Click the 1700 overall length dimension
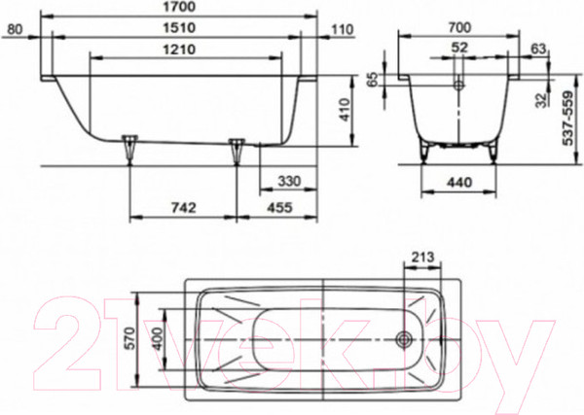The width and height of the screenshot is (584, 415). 179,7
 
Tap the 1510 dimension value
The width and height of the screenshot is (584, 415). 179,28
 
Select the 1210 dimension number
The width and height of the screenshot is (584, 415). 179,50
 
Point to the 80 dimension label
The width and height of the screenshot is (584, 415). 15,29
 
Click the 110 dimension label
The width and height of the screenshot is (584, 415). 342,30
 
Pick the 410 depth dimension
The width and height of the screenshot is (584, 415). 345,110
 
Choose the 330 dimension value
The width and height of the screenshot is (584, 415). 289,181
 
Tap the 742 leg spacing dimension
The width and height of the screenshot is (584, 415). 184,208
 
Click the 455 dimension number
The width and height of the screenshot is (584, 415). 279,208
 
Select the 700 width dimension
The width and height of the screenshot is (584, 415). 459,27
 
